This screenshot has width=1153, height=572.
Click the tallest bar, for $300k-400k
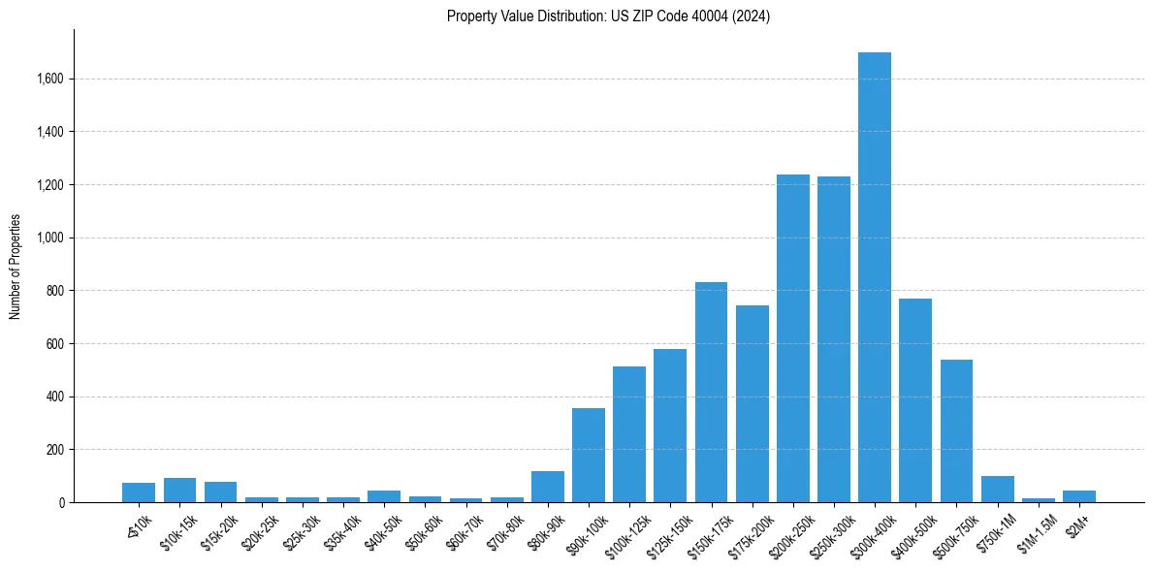(x=875, y=277)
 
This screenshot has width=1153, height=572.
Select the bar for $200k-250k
(x=793, y=338)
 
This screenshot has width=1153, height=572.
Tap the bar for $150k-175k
(x=711, y=393)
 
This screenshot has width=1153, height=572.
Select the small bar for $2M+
(x=1079, y=496)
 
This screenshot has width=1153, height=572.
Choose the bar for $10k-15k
(x=179, y=491)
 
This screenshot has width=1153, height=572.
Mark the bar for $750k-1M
(x=997, y=490)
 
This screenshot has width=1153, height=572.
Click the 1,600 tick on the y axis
(x=51, y=79)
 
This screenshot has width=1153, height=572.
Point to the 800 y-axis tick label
(x=56, y=291)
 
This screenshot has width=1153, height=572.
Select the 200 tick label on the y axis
(x=56, y=450)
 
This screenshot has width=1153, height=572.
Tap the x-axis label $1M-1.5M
(x=1036, y=530)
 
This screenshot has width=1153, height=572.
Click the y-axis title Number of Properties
(x=15, y=266)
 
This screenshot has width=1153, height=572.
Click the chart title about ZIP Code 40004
(x=608, y=16)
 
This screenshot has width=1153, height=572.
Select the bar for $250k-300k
(x=834, y=339)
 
